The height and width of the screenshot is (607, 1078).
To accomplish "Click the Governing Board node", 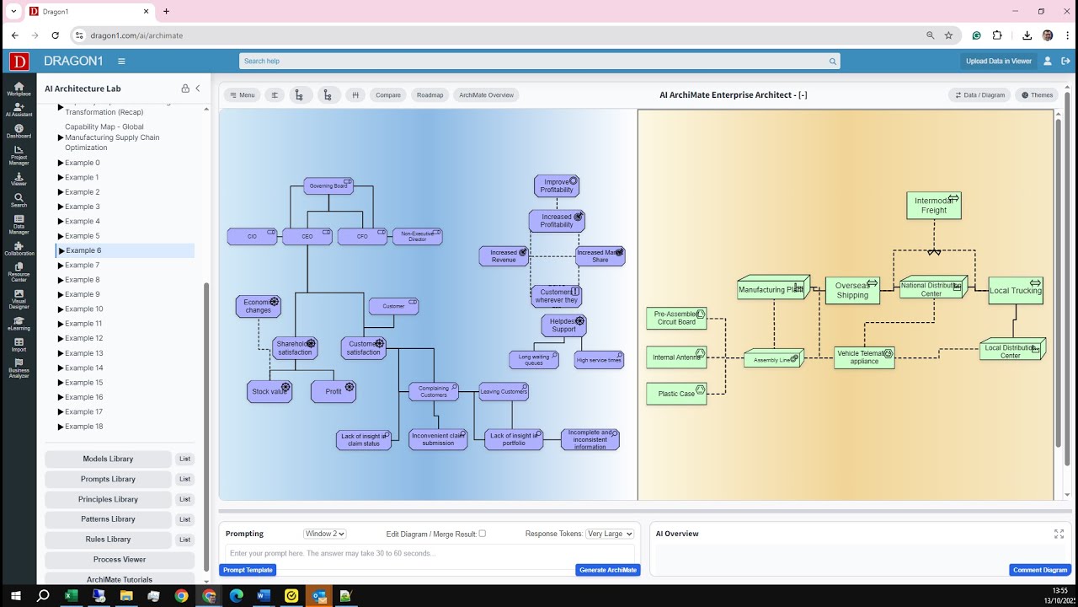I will tap(328, 185).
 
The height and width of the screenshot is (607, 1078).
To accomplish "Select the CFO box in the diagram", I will tap(362, 237).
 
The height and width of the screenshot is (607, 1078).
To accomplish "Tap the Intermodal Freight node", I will tap(933, 206).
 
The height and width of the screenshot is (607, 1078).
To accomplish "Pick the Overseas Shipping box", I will tap(852, 291).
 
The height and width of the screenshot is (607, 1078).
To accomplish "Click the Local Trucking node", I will tap(1016, 291).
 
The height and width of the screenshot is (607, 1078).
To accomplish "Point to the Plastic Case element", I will tap(676, 394).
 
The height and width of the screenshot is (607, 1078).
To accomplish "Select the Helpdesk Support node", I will tap(563, 325).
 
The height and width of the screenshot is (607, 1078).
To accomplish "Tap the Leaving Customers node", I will tap(504, 391).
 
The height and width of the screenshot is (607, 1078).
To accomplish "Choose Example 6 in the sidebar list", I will tap(83, 250).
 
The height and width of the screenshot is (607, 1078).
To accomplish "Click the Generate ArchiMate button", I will tap(608, 570).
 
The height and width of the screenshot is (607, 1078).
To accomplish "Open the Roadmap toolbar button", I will tap(430, 95).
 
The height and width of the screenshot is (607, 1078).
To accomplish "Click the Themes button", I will tap(1037, 95).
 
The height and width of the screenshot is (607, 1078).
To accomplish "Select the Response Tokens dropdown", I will tap(609, 534).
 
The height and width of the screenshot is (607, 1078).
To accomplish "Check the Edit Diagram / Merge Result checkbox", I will tap(482, 534).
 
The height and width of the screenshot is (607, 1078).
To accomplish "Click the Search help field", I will tap(539, 62).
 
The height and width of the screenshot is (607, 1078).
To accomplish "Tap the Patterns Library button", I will tap(108, 519).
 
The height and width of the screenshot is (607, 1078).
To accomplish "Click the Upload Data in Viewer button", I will tap(998, 62).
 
